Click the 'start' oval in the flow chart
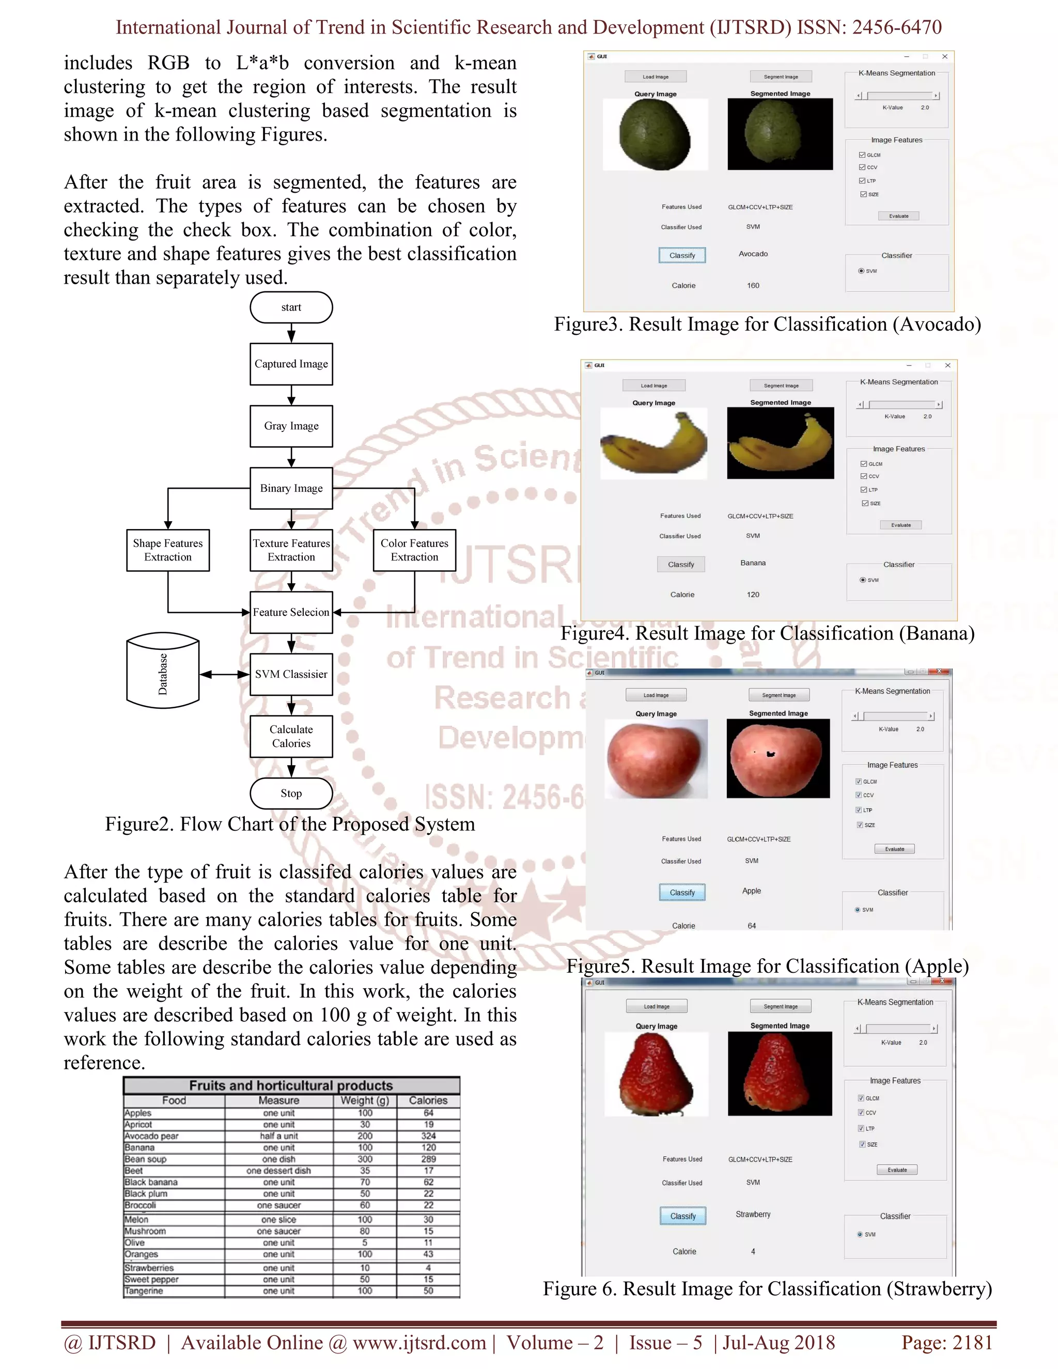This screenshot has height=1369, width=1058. (291, 307)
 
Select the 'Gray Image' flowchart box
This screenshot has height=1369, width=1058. (291, 426)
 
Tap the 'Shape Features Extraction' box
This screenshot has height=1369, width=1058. (167, 550)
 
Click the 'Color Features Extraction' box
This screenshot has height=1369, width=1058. (414, 550)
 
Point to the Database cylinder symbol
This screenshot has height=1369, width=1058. (163, 673)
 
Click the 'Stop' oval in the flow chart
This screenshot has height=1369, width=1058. (291, 794)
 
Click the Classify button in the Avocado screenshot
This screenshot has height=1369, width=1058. (682, 255)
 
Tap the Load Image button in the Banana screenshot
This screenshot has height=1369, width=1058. (654, 385)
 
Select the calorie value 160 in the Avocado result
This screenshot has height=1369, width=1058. (753, 286)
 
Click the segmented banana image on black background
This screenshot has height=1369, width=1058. (781, 443)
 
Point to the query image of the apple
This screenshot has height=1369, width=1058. (656, 758)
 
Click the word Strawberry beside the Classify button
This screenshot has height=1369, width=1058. (753, 1214)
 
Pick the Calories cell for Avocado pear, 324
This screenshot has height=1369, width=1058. (428, 1136)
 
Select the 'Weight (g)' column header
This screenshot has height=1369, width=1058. (365, 1100)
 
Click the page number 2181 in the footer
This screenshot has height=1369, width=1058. (972, 1343)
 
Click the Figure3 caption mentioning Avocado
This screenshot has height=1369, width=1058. (767, 324)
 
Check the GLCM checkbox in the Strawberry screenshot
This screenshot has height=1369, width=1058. (861, 1098)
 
